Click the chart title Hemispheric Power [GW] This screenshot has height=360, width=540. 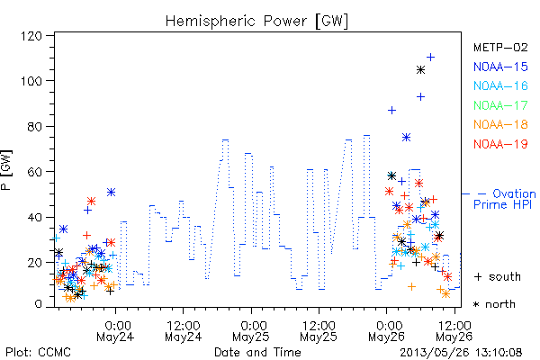256,21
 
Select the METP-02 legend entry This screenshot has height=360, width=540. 500,47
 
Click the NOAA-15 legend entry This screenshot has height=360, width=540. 500,67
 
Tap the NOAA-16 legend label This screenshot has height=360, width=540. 500,85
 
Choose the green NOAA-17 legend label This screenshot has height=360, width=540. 500,105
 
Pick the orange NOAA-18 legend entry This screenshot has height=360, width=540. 500,124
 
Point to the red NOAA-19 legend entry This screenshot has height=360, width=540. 500,144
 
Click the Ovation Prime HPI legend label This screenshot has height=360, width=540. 504,199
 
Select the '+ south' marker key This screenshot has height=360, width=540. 498,276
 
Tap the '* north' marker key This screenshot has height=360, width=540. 494,304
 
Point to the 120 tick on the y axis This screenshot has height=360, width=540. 31,36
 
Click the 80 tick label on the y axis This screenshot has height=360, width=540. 35,126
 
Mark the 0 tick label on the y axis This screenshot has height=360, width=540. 38,304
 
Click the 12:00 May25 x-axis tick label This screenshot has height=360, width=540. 319,331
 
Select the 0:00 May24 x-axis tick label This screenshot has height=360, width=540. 115,331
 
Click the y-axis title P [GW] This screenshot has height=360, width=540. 6,170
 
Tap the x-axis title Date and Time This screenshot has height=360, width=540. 257,353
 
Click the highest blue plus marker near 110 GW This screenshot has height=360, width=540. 430,58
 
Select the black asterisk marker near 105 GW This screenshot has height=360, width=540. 420,70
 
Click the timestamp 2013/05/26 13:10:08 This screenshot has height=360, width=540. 461,353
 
